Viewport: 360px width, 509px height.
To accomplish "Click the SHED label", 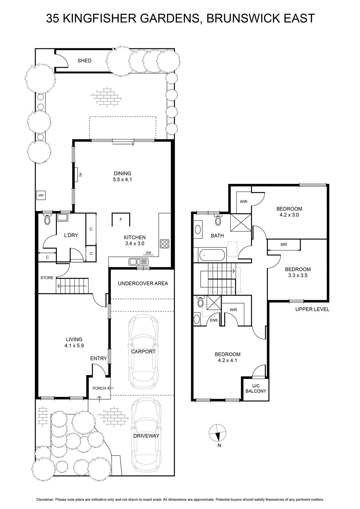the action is (x=84, y=61).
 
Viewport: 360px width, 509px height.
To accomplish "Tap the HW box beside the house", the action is (x=41, y=195).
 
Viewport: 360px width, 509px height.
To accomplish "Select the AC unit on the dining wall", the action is (x=77, y=175).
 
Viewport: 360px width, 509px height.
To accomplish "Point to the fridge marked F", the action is (x=121, y=220).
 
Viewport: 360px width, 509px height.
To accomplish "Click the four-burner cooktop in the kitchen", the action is (x=164, y=244).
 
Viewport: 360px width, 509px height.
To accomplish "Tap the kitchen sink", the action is (x=139, y=262).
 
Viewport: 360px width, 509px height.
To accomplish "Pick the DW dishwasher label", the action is (x=148, y=253).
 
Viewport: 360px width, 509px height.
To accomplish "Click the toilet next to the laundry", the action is (x=47, y=219).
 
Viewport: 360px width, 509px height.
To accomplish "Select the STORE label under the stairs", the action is (x=47, y=278).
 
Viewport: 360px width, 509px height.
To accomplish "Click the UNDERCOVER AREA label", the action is (x=143, y=283).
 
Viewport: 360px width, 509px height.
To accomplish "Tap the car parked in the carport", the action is (x=143, y=352).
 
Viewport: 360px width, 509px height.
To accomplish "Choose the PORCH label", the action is (x=99, y=388).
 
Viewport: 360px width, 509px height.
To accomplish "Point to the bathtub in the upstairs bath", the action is (x=212, y=255).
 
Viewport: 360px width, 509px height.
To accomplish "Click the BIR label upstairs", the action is (x=284, y=245).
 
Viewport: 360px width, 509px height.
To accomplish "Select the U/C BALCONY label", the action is (x=256, y=388).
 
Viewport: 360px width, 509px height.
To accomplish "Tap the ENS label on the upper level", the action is (x=214, y=320).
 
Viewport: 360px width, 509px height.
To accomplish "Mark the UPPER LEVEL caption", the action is (x=312, y=309).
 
